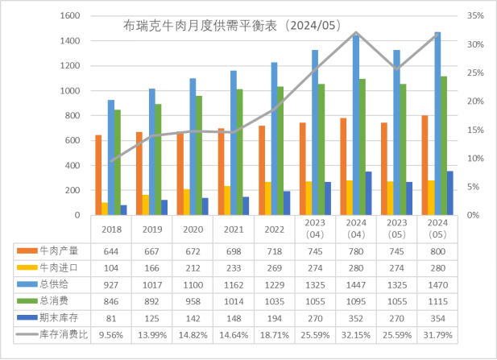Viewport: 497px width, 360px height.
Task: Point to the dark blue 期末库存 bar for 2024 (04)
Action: pos(368,193)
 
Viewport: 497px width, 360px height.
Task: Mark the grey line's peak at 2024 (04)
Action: pos(356,32)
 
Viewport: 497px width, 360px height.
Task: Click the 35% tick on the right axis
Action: pos(474,16)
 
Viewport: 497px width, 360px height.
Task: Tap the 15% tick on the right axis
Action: pos(474,130)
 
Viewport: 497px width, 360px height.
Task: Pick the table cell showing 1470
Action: pos(437,283)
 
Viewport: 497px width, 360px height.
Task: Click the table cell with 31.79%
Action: pos(437,333)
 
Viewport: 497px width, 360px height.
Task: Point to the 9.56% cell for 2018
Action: pos(111,333)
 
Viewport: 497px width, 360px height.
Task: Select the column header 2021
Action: pos(234,229)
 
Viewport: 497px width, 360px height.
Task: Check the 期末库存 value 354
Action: pos(437,317)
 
